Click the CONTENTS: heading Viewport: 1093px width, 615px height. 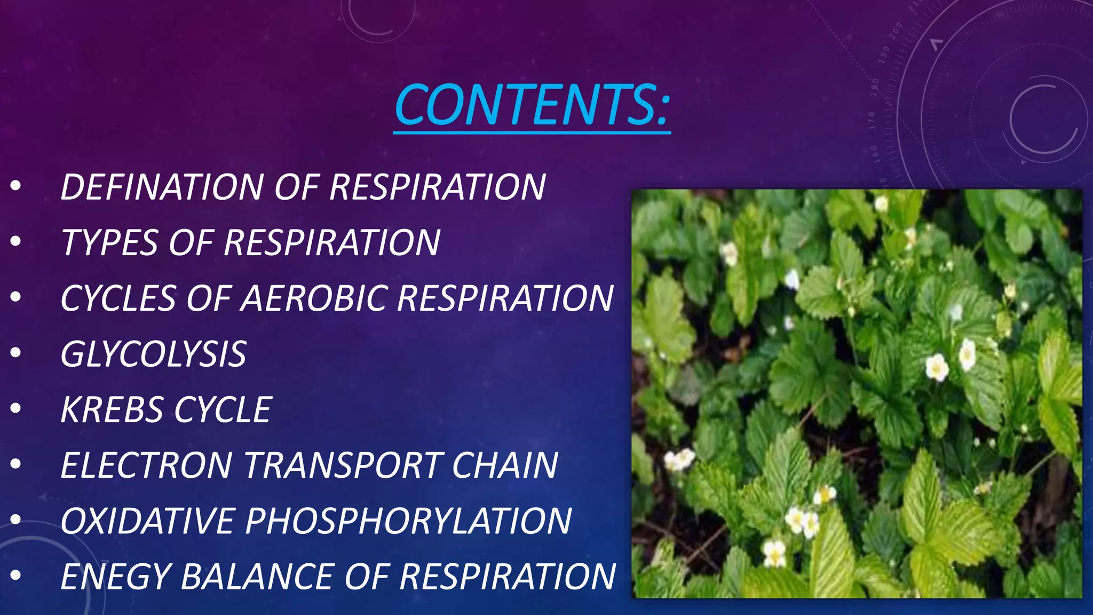point(532,105)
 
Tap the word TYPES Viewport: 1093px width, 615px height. point(109,243)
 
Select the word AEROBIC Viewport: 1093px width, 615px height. point(314,298)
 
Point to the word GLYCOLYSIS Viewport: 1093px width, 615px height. point(153,354)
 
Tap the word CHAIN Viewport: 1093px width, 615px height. point(505,466)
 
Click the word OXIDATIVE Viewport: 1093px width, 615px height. point(146,521)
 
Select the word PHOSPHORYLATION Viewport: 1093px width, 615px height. point(408,521)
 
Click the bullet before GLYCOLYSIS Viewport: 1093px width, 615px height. point(15,353)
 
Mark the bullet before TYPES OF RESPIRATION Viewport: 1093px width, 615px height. point(15,241)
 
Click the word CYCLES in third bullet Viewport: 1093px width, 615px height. point(117,298)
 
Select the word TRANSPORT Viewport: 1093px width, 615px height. point(342,466)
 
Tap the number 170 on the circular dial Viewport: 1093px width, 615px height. point(872,121)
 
